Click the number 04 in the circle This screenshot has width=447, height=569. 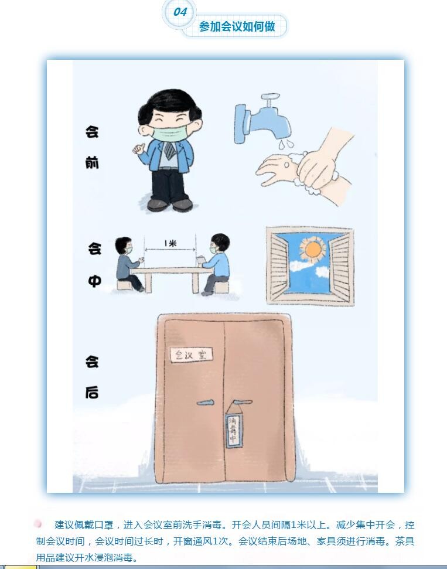pyautogui.click(x=180, y=12)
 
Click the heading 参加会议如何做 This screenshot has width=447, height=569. pyautogui.click(x=237, y=26)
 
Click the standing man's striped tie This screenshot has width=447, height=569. pyautogui.click(x=170, y=150)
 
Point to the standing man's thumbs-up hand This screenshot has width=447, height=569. pyautogui.click(x=139, y=148)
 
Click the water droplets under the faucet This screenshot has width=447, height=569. pyautogui.click(x=285, y=144)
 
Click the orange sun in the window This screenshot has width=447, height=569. pyautogui.click(x=313, y=249)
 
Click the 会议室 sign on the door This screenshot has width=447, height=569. pyautogui.click(x=191, y=354)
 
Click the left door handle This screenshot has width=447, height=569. pyautogui.click(x=206, y=403)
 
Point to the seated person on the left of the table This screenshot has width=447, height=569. pyautogui.click(x=128, y=264)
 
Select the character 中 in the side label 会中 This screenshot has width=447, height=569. pyautogui.click(x=94, y=281)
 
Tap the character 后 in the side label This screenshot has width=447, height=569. pyautogui.click(x=92, y=393)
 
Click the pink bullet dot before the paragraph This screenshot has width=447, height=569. pyautogui.click(x=37, y=524)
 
